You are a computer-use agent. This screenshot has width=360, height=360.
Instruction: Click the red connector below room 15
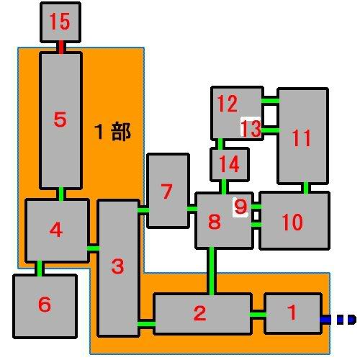(61, 47)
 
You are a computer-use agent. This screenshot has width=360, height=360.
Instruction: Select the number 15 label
(60, 22)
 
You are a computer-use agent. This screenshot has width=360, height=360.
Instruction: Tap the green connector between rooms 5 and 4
(61, 194)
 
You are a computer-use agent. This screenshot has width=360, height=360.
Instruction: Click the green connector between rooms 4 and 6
(40, 268)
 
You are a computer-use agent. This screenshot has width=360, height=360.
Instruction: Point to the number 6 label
(45, 304)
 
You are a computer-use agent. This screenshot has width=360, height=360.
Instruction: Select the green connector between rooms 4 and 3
(93, 248)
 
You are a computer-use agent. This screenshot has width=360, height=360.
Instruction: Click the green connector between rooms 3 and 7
(143, 210)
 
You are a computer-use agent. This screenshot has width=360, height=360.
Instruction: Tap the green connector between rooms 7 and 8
(192, 209)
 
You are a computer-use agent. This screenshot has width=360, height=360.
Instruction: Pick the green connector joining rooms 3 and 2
(146, 324)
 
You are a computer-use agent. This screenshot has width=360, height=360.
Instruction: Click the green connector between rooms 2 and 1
(258, 315)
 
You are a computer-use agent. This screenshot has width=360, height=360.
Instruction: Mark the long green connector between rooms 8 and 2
(212, 271)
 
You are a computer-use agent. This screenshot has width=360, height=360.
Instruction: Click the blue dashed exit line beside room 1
(338, 320)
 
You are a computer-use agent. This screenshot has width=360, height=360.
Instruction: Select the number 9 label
(240, 207)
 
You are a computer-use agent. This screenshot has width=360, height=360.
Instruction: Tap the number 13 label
(251, 128)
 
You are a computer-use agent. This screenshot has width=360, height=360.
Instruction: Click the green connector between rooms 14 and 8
(224, 186)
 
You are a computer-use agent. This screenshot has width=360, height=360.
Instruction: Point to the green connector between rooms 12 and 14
(220, 144)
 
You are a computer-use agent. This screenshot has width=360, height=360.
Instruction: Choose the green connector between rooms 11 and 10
(306, 188)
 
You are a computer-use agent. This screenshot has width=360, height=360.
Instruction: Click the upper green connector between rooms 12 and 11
(271, 101)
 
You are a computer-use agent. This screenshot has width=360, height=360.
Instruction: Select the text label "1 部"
(113, 132)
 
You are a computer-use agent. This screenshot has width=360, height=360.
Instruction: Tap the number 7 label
(166, 191)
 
